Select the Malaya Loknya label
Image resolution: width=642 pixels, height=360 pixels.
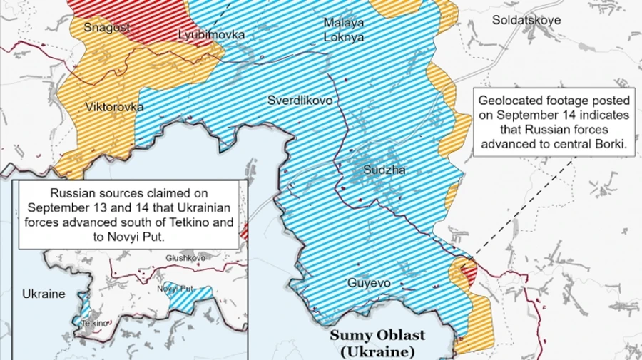pyautogui.click(x=343, y=30)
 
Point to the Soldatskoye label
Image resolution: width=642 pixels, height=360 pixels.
pyautogui.click(x=526, y=20)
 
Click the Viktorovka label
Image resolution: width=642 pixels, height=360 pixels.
pyautogui.click(x=114, y=107)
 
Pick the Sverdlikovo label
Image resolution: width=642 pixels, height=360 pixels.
pyautogui.click(x=300, y=101)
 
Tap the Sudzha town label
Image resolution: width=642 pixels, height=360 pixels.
pyautogui.click(x=384, y=170)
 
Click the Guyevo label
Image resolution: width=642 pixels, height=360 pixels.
pyautogui.click(x=369, y=283)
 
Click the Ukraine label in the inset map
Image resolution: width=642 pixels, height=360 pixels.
pyautogui.click(x=43, y=294)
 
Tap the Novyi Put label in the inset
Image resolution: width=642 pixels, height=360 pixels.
pyautogui.click(x=175, y=288)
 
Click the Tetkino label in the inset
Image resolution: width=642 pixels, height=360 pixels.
pyautogui.click(x=95, y=322)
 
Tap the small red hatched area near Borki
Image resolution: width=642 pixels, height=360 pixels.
pyautogui.click(x=469, y=270)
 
